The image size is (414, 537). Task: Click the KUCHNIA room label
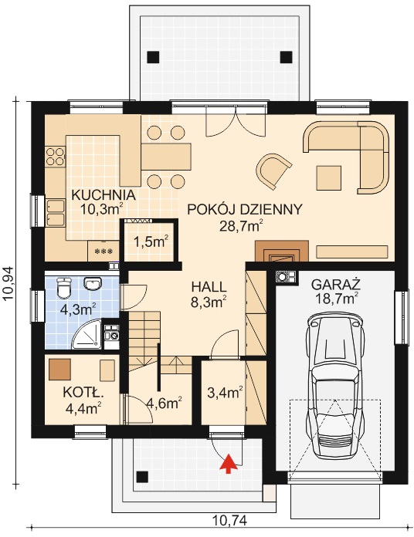(103, 195)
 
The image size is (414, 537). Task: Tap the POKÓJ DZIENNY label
(245, 209)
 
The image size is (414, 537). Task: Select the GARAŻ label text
(336, 284)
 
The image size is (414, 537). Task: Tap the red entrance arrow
(229, 463)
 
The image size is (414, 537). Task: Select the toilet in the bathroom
(63, 287)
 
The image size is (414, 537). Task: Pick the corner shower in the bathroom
(87, 335)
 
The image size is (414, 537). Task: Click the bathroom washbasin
(92, 284)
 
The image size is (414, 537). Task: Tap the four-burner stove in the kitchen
(55, 157)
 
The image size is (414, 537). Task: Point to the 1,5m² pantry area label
(151, 242)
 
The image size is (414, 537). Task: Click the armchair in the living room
(273, 171)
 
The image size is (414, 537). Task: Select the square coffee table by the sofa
(329, 177)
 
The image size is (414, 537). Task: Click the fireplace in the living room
(282, 252)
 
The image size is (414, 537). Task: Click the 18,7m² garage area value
(336, 299)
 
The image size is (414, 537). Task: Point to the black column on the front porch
(143, 477)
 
